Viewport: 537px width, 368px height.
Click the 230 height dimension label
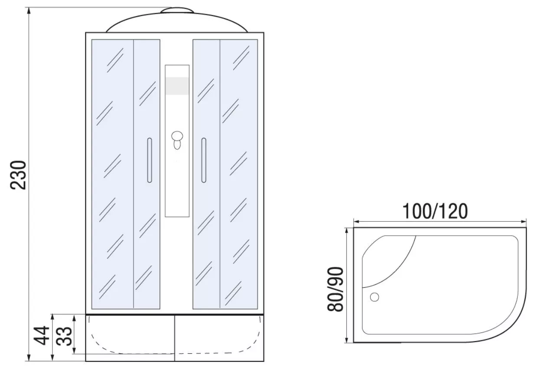coord(18,175)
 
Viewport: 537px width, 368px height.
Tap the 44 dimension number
coord(42,335)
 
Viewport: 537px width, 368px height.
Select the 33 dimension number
coord(64,336)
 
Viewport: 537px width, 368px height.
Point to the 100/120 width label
coord(435,211)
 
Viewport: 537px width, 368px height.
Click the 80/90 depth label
coord(335,289)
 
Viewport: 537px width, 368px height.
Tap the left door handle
coord(150,161)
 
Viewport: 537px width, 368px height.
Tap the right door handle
coord(204,161)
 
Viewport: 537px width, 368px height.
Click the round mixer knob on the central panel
coord(177,136)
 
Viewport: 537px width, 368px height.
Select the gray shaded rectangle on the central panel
coord(177,86)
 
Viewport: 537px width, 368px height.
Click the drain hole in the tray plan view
coord(374,297)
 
